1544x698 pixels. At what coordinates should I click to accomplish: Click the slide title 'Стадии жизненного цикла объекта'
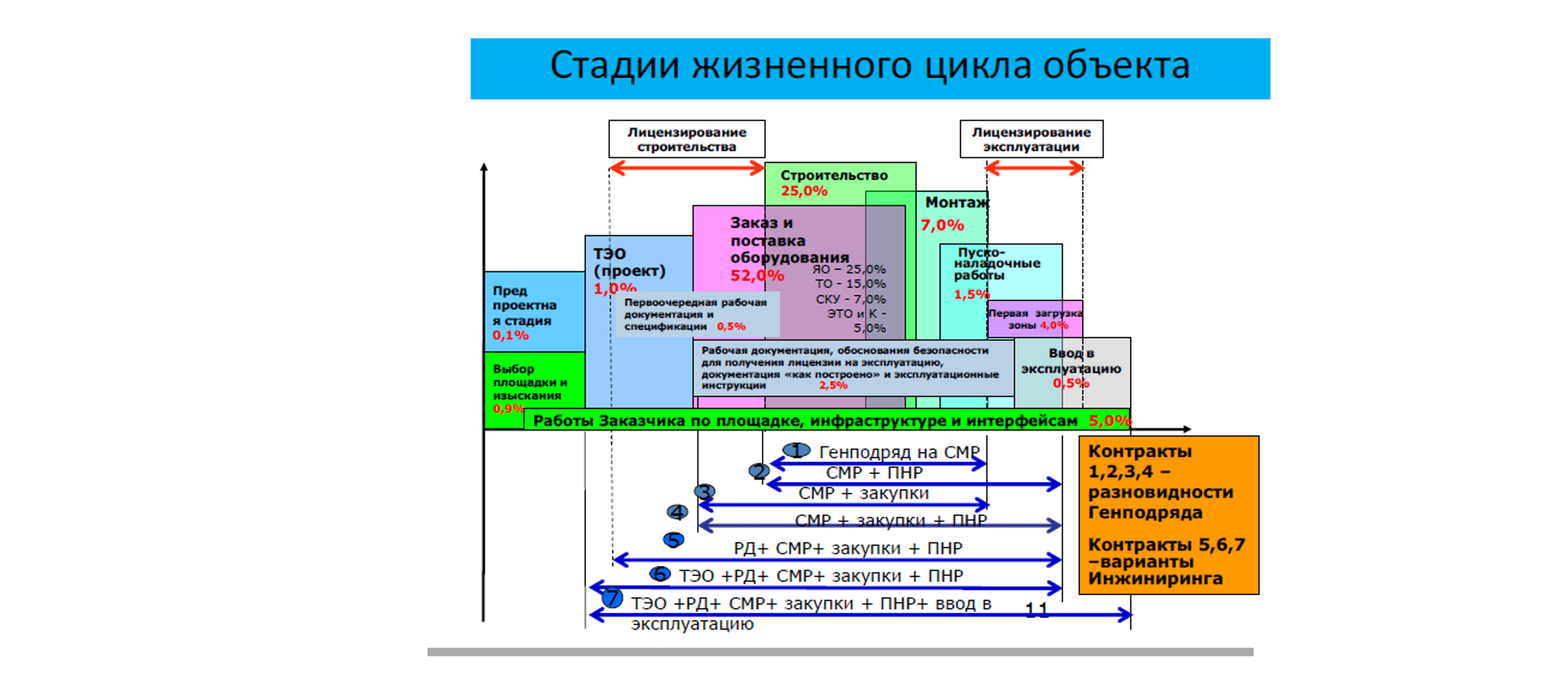869,66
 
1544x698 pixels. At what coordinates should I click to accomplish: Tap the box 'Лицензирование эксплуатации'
1031,139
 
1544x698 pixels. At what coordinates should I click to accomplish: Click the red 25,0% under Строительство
804,191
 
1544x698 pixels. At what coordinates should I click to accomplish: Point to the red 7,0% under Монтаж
942,225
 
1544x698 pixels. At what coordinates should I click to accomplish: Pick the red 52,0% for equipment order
757,276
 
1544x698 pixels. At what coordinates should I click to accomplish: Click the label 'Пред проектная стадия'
525,306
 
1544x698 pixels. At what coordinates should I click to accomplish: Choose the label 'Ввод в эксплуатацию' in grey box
1070,361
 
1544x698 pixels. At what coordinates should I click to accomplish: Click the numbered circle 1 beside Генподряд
796,450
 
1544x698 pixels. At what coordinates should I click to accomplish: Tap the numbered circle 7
612,598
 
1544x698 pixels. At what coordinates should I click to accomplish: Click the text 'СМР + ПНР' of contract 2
874,473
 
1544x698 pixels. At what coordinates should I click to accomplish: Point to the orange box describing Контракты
1168,514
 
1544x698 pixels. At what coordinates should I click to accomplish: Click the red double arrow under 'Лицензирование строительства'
687,168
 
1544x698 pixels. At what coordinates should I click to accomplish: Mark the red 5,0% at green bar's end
1109,421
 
